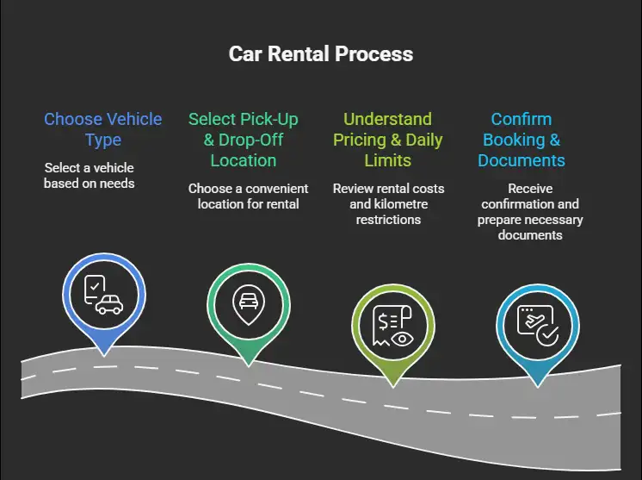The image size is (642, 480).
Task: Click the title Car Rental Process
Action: coord(321,54)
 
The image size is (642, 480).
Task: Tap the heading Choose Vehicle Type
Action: coord(102,129)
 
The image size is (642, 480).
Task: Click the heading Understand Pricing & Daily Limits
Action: coord(388,140)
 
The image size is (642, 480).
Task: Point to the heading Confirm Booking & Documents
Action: coord(522,140)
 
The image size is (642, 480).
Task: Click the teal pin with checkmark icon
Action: coord(536,328)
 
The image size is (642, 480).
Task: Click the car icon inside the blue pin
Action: coord(109,304)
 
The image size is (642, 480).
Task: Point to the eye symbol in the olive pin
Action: coord(400,339)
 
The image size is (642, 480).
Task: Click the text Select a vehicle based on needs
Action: coord(90,175)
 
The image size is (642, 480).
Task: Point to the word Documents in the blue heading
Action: coord(522,160)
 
